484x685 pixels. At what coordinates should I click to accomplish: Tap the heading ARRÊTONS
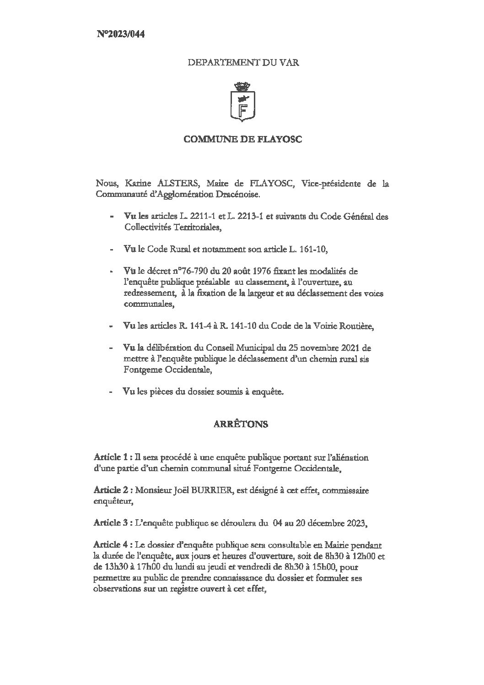tap(241, 424)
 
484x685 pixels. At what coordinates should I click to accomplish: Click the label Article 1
tap(110, 457)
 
